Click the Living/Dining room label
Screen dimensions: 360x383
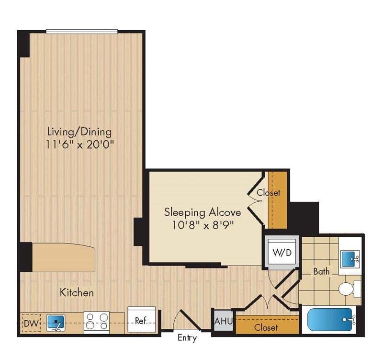tap(79, 131)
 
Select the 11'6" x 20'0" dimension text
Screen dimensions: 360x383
tap(80, 143)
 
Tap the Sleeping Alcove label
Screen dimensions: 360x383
tap(202, 211)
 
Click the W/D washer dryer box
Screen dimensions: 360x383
tap(281, 252)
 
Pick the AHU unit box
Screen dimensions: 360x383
tap(223, 321)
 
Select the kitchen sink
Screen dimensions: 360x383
tap(56, 323)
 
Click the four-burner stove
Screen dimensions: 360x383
tap(97, 322)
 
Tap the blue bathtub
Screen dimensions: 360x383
tap(330, 320)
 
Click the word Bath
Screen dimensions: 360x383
tap(321, 271)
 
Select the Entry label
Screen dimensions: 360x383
tap(187, 338)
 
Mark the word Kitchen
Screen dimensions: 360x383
tap(77, 292)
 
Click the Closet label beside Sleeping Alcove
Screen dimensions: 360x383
tap(269, 193)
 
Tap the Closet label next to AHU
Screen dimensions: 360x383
tap(266, 328)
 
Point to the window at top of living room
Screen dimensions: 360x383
tap(82, 32)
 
